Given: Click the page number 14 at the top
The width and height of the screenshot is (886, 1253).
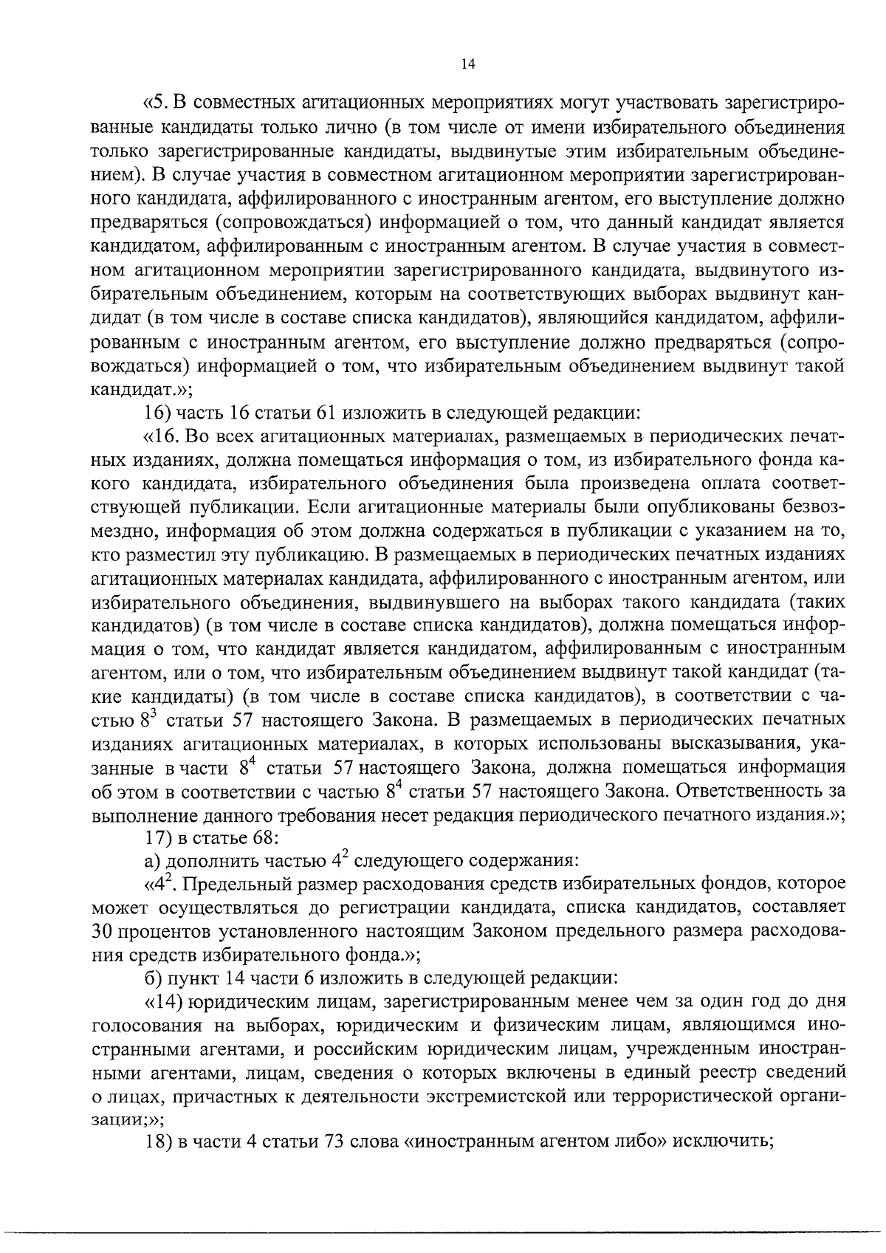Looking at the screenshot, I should (467, 64).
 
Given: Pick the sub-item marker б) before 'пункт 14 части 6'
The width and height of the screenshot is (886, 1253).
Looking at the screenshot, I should (153, 978).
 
